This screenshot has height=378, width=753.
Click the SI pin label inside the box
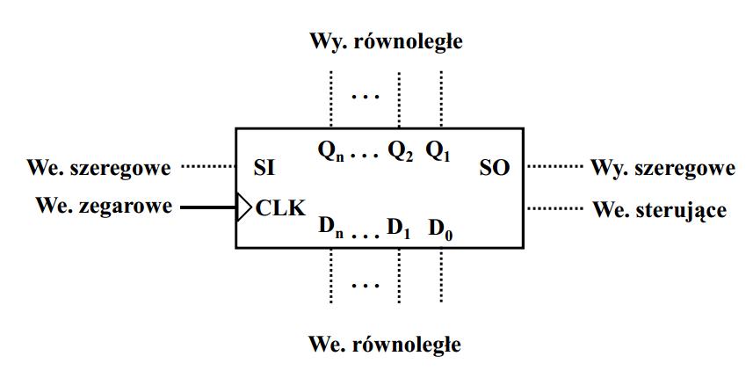[x=264, y=168]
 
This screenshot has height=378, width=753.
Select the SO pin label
[x=495, y=168]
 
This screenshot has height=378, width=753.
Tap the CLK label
[x=280, y=208]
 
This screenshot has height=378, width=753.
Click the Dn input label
[x=330, y=229]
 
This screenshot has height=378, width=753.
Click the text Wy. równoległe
[x=384, y=41]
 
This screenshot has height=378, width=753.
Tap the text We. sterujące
[x=660, y=210]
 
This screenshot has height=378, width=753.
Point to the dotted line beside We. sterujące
[x=555, y=208]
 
